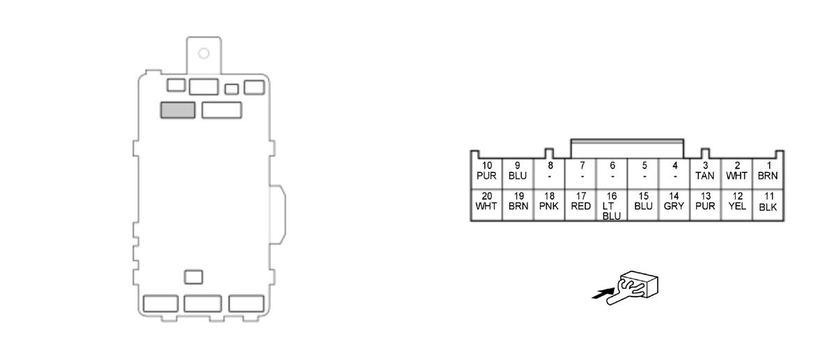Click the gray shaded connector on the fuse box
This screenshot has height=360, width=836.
tap(178, 110)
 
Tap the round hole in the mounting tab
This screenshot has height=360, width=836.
tap(203, 53)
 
